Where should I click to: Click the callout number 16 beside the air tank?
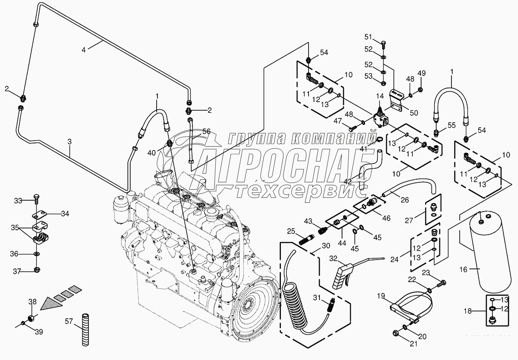pos(463,270)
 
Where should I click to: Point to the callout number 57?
pos(69,321)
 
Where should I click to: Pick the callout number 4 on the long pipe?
pos(83,50)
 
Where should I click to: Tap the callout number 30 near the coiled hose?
pos(326,246)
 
